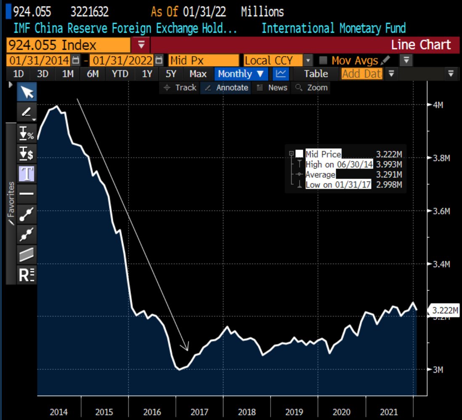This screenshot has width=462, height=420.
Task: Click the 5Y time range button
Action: coord(171,74)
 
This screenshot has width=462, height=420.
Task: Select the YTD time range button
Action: coord(120,74)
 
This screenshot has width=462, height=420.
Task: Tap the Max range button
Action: coord(198,74)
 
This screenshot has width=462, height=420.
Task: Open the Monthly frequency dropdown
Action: coord(241,74)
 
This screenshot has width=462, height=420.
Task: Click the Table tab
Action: coord(316,74)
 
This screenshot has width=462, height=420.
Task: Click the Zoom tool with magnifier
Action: coord(312,88)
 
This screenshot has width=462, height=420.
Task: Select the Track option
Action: coord(181,88)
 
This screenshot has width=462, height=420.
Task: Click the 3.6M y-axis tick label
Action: coord(441,211)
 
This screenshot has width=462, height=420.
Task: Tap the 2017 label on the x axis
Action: coord(199,412)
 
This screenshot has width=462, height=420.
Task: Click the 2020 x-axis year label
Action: coord(342,412)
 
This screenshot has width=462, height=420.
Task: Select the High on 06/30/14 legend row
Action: coord(339,164)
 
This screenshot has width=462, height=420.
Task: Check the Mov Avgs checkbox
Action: coord(323,60)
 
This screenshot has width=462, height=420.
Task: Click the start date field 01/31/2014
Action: coord(39,60)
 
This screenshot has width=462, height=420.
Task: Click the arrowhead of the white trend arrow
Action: coord(186,348)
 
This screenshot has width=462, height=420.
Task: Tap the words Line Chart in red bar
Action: coord(421,45)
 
